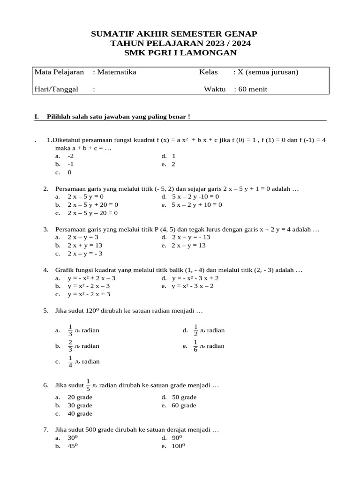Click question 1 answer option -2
[x=71, y=156]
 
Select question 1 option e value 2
[x=173, y=165]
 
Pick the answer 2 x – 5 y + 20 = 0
[x=93, y=205]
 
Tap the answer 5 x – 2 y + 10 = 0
[x=197, y=205]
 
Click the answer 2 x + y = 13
[x=85, y=246]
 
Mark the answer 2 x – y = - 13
[x=191, y=237]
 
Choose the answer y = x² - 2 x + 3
[x=89, y=294]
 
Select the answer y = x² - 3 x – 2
[x=193, y=286]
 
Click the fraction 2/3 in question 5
[x=71, y=346]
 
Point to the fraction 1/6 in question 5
[x=196, y=346]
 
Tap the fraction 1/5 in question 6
[x=88, y=385]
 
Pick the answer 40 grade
[x=80, y=414]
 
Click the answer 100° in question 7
[x=179, y=446]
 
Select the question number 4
[x=46, y=270]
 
